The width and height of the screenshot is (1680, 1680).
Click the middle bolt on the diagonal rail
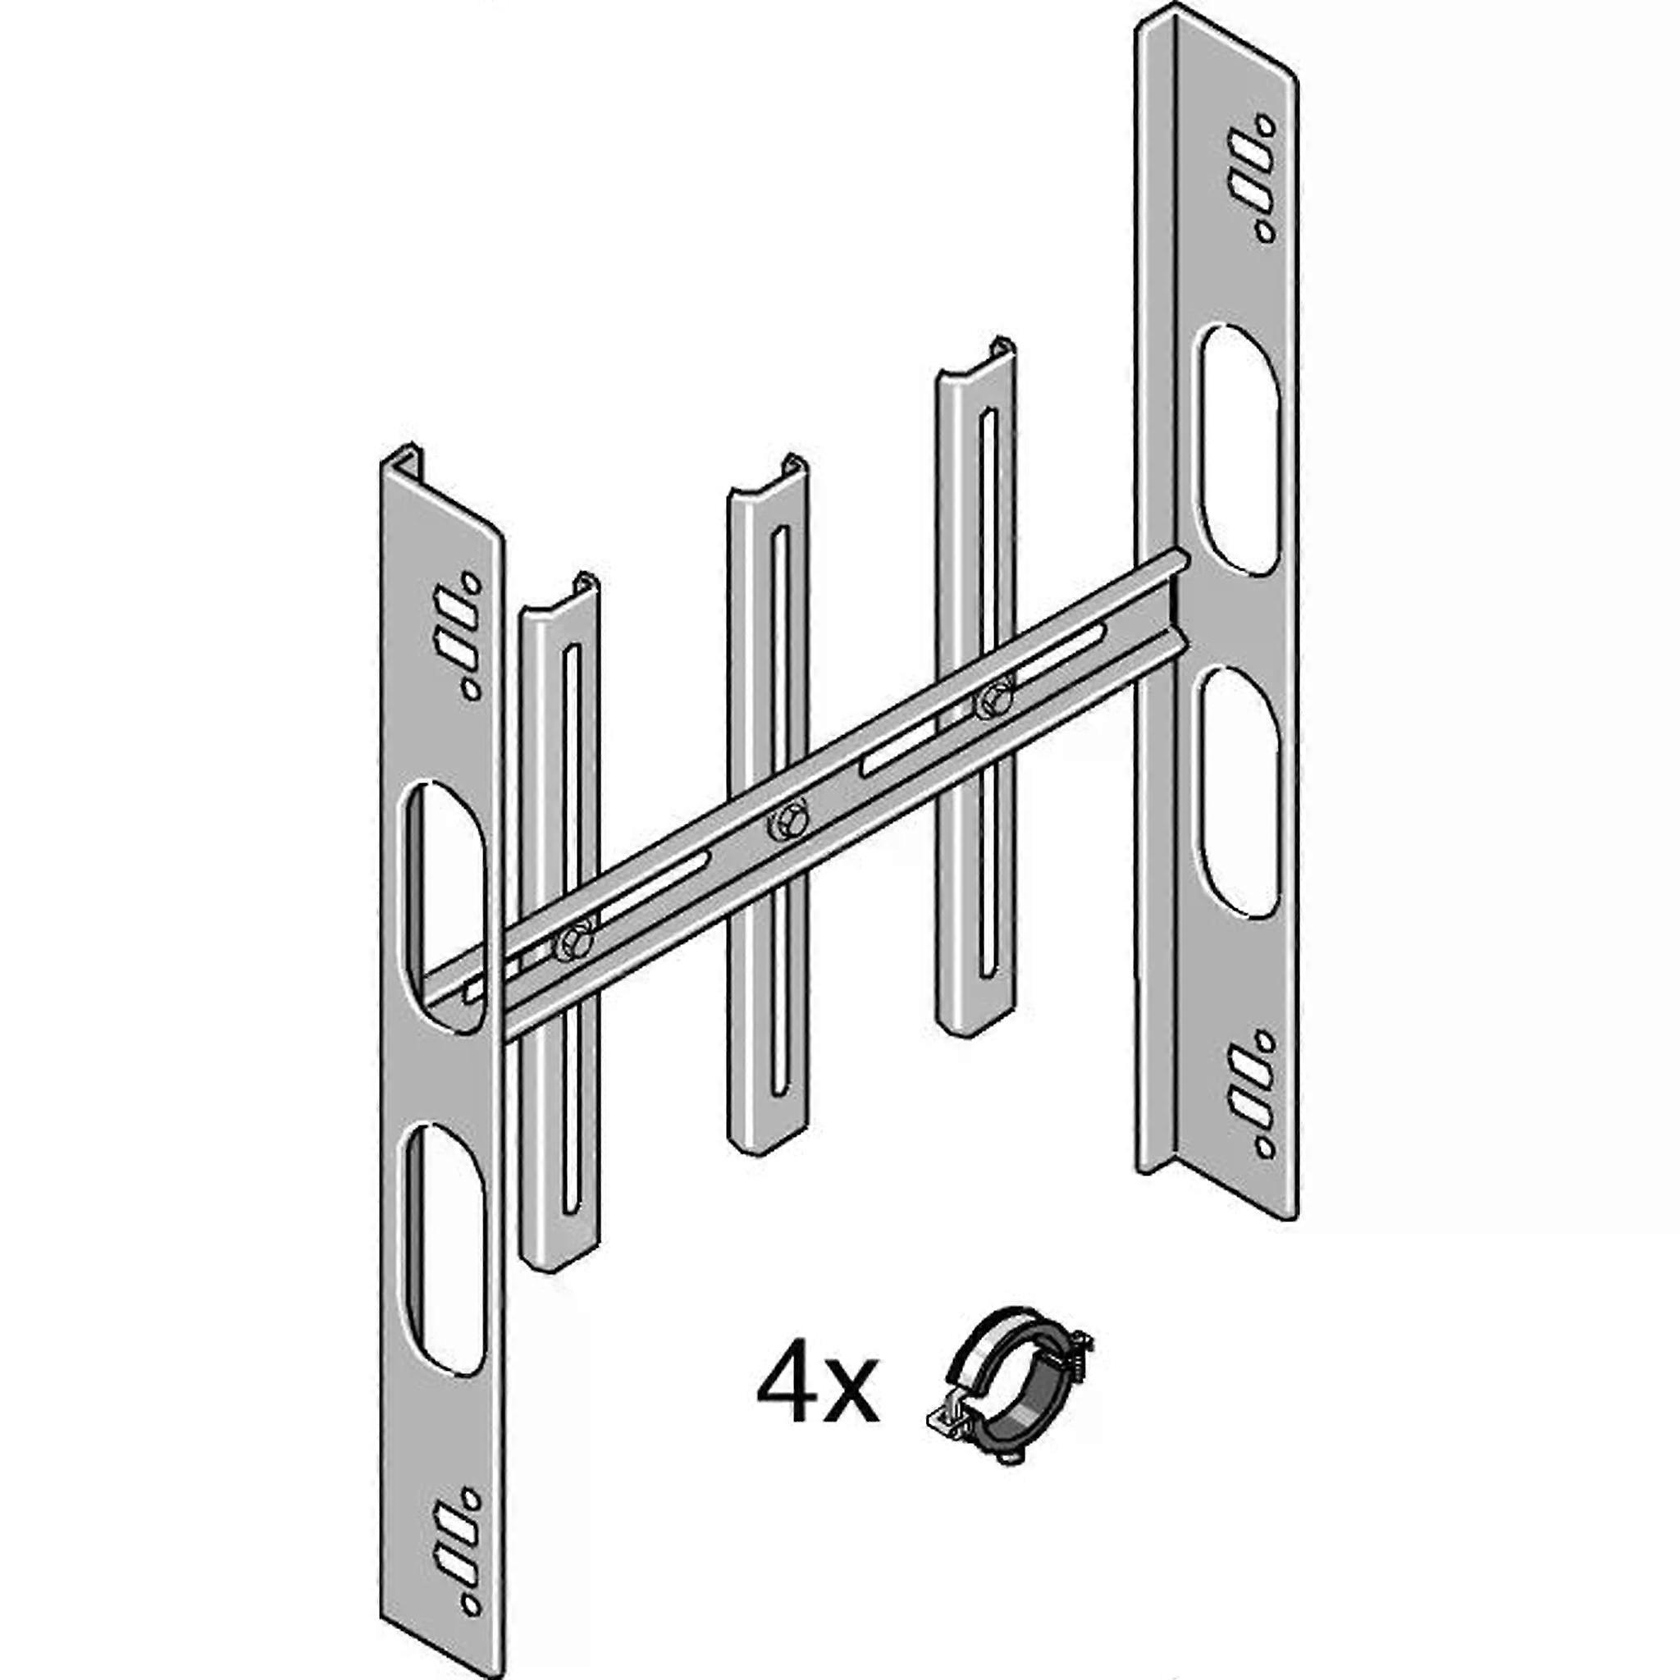788,821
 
